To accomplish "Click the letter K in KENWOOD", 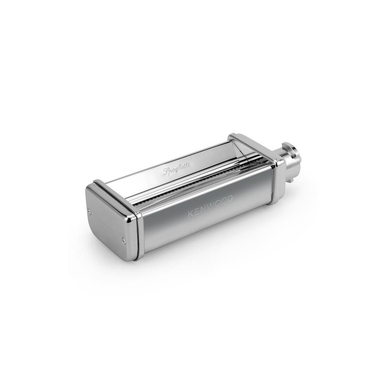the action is click(191, 214).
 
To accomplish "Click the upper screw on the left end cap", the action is click(90, 211).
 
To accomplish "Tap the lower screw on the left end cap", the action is click(123, 239).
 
